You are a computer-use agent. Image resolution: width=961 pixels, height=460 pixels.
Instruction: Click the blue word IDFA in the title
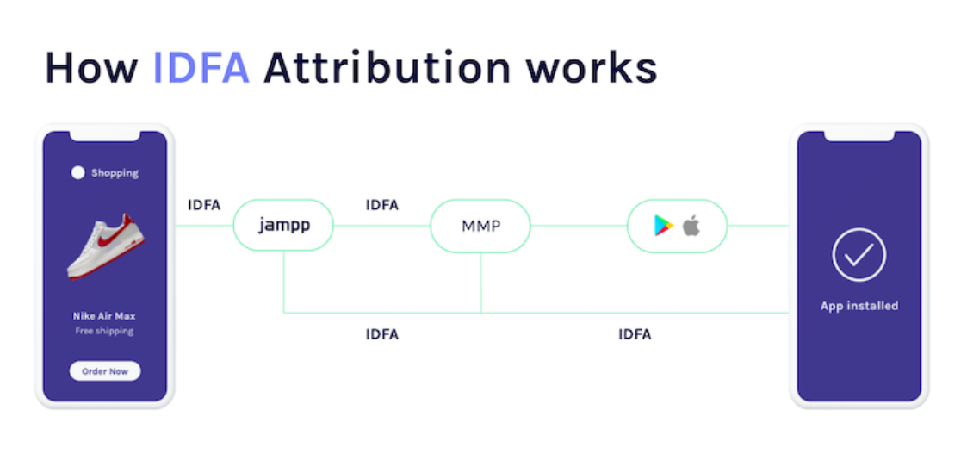(201, 67)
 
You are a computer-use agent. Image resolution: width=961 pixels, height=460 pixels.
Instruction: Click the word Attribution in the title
(387, 67)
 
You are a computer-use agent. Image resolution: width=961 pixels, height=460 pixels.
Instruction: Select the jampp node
(284, 225)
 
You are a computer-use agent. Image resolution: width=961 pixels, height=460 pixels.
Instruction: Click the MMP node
(480, 226)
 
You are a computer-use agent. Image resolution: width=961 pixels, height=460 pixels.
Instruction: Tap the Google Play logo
(664, 226)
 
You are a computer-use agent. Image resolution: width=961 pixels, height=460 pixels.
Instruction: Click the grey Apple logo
(691, 225)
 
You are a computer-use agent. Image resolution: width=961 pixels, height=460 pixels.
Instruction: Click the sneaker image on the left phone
(105, 246)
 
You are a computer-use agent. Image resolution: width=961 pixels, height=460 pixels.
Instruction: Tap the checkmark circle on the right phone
(859, 254)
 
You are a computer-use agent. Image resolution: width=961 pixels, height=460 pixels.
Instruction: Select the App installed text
(859, 306)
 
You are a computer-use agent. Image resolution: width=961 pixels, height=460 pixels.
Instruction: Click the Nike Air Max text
(104, 316)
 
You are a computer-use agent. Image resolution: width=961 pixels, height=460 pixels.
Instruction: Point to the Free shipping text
(104, 331)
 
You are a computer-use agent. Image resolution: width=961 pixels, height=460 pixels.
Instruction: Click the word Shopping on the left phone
(115, 173)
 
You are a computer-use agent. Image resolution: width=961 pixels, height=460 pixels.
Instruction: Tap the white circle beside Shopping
(77, 173)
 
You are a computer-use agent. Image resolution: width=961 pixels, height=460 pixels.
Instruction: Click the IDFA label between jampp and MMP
(381, 205)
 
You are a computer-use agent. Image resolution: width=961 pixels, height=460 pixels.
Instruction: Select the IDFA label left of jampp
(204, 205)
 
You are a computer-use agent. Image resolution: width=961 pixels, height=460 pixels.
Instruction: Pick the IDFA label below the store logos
(635, 334)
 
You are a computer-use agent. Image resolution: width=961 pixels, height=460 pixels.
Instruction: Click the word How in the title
(91, 67)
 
